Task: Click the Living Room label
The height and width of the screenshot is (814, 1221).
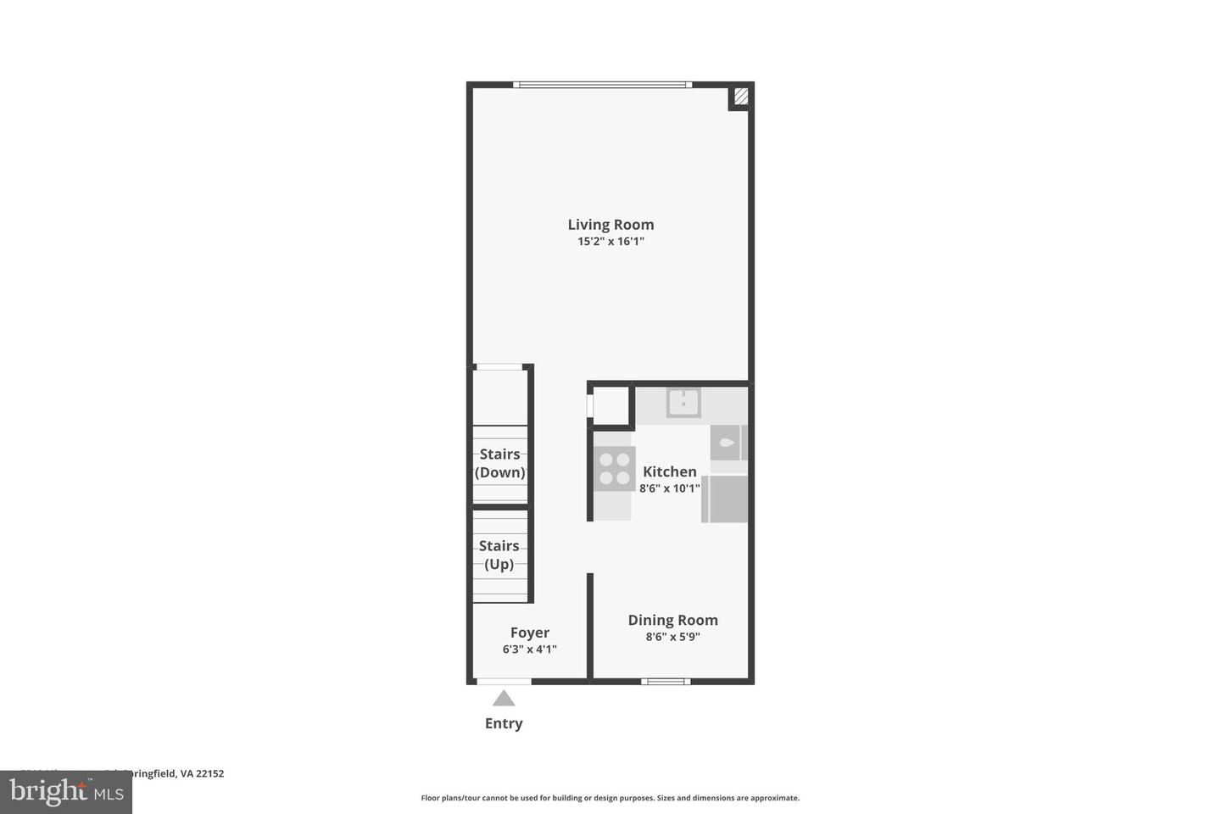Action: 610,225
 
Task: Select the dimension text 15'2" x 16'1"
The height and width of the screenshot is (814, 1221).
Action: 610,242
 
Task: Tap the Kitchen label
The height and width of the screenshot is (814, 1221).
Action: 669,471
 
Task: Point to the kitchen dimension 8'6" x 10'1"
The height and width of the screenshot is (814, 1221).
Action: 669,488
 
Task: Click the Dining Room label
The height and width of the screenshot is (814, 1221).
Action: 672,620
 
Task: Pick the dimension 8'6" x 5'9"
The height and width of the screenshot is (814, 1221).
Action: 672,637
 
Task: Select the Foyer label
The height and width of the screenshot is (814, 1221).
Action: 529,633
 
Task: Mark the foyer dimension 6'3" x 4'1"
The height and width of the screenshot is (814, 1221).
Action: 529,650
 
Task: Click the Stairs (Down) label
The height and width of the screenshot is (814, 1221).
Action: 499,464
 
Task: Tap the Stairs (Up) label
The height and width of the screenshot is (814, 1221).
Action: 499,555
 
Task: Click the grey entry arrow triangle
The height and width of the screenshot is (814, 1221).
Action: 504,699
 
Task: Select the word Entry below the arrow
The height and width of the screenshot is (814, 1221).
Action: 504,723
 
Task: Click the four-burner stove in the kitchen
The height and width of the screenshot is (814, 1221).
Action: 614,469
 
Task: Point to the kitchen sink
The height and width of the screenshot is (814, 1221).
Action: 683,403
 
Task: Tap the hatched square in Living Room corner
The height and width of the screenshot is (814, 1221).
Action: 740,97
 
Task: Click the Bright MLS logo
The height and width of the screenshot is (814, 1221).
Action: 66,792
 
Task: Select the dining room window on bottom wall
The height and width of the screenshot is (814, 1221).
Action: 665,681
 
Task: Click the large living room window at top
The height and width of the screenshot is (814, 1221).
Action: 602,85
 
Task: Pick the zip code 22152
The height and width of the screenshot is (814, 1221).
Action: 209,773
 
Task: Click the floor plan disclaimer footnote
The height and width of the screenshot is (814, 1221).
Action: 610,798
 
